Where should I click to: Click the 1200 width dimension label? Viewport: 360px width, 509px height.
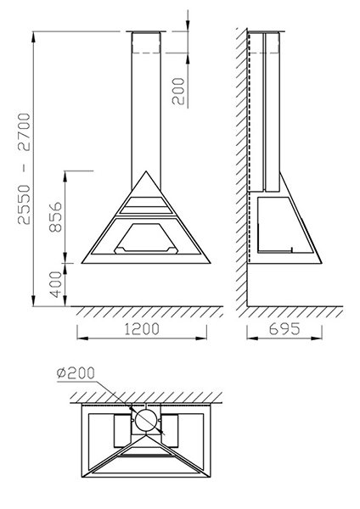coord(142,329)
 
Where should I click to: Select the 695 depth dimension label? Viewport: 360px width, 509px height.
coord(284,329)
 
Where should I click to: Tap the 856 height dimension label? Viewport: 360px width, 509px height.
coord(55,217)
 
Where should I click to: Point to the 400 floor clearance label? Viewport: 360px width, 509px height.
coord(55,284)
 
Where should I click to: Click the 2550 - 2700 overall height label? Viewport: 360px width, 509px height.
coord(24,169)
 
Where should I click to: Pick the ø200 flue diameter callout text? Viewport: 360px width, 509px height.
coord(76,373)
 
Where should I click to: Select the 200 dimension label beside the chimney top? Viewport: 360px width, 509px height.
coord(178,92)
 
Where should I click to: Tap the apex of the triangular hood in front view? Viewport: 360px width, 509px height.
coord(146,171)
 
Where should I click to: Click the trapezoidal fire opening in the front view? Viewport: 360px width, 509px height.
coord(146,238)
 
